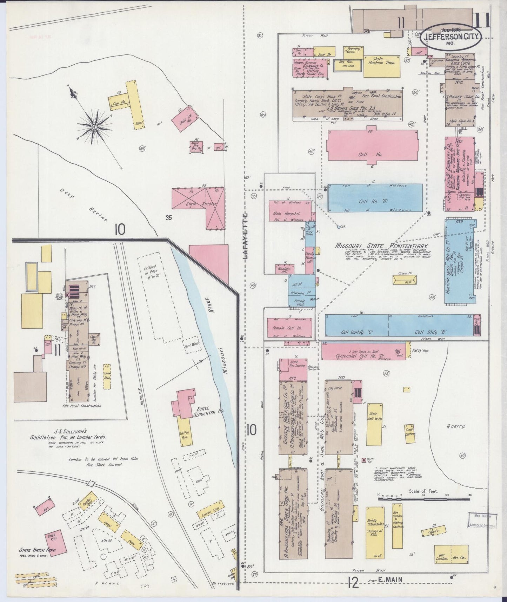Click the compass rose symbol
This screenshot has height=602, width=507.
(x=95, y=126)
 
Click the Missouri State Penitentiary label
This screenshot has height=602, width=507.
(x=382, y=246)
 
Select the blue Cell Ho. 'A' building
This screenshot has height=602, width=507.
(x=375, y=198)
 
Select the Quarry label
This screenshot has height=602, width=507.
(x=456, y=426)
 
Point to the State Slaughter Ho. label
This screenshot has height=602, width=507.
(x=208, y=411)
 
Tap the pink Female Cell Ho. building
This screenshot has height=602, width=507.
(x=289, y=327)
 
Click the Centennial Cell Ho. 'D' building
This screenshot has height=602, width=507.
(x=363, y=351)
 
